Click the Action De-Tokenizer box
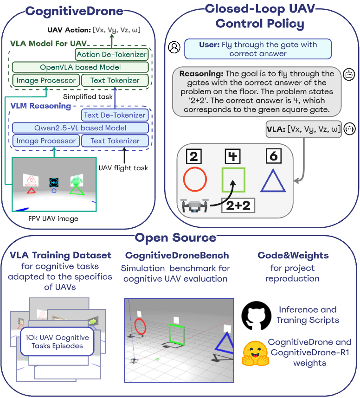pyautogui.click(x=111, y=54)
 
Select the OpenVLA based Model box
pyautogui.click(x=80, y=67)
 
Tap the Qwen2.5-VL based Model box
pyautogui.click(x=80, y=128)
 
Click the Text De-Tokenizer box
pyautogui.click(x=115, y=115)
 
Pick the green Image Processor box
pyautogui.click(x=46, y=80)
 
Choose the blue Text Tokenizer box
pyautogui.click(x=115, y=141)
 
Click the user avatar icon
pyautogui.click(x=174, y=47)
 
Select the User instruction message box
pyautogui.click(x=258, y=49)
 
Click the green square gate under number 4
pyautogui.click(x=233, y=180)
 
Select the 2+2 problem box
pyautogui.click(x=238, y=205)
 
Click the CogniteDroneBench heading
pyautogui.click(x=177, y=256)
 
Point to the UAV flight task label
pyautogui.click(x=123, y=167)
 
